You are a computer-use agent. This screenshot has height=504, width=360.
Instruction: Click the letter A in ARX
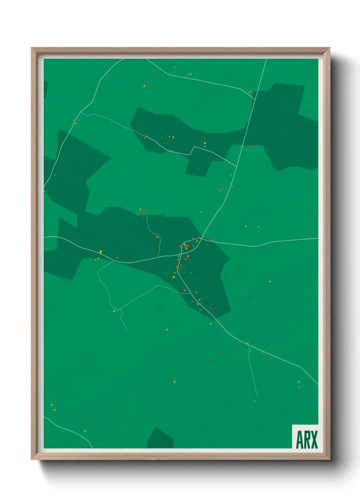(300, 440)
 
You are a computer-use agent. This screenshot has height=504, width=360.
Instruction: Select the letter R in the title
(307, 440)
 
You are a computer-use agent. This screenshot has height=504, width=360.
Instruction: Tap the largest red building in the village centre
(187, 246)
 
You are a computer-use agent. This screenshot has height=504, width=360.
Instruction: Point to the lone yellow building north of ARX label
(299, 382)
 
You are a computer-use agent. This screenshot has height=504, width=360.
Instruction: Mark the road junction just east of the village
(200, 238)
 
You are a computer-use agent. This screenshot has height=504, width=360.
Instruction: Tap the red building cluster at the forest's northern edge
(143, 212)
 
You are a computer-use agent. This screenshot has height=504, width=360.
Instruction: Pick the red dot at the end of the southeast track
(255, 400)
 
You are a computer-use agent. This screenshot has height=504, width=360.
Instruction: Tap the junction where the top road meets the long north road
(255, 99)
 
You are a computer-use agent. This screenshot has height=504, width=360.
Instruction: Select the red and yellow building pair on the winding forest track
(157, 237)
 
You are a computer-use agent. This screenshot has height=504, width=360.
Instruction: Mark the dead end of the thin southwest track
(127, 330)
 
